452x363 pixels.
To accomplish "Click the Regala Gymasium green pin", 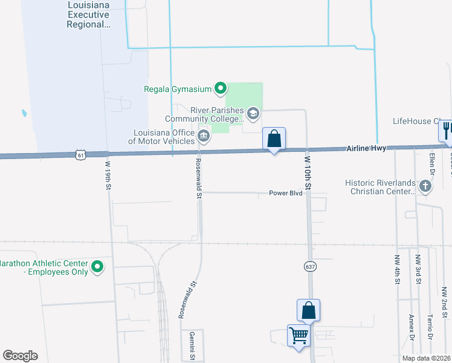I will [x=221, y=90].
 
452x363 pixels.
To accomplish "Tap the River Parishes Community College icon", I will [x=253, y=113].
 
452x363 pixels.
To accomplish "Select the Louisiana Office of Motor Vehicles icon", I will [x=204, y=136].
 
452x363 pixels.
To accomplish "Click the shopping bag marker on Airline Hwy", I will [x=274, y=139].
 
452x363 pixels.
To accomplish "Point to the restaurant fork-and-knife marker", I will [x=447, y=129].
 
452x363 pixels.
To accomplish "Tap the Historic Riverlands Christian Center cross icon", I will [x=425, y=186].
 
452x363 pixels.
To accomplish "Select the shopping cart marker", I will [x=299, y=335].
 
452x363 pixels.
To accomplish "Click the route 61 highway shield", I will [x=81, y=155].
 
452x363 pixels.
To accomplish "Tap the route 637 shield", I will [x=310, y=266].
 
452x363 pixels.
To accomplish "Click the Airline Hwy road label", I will [x=367, y=148].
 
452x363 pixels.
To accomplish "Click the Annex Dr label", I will [x=411, y=327].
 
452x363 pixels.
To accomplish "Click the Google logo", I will [x=20, y=356].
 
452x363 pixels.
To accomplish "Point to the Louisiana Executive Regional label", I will [x=89, y=15].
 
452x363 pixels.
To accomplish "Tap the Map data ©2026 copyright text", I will [x=427, y=358].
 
